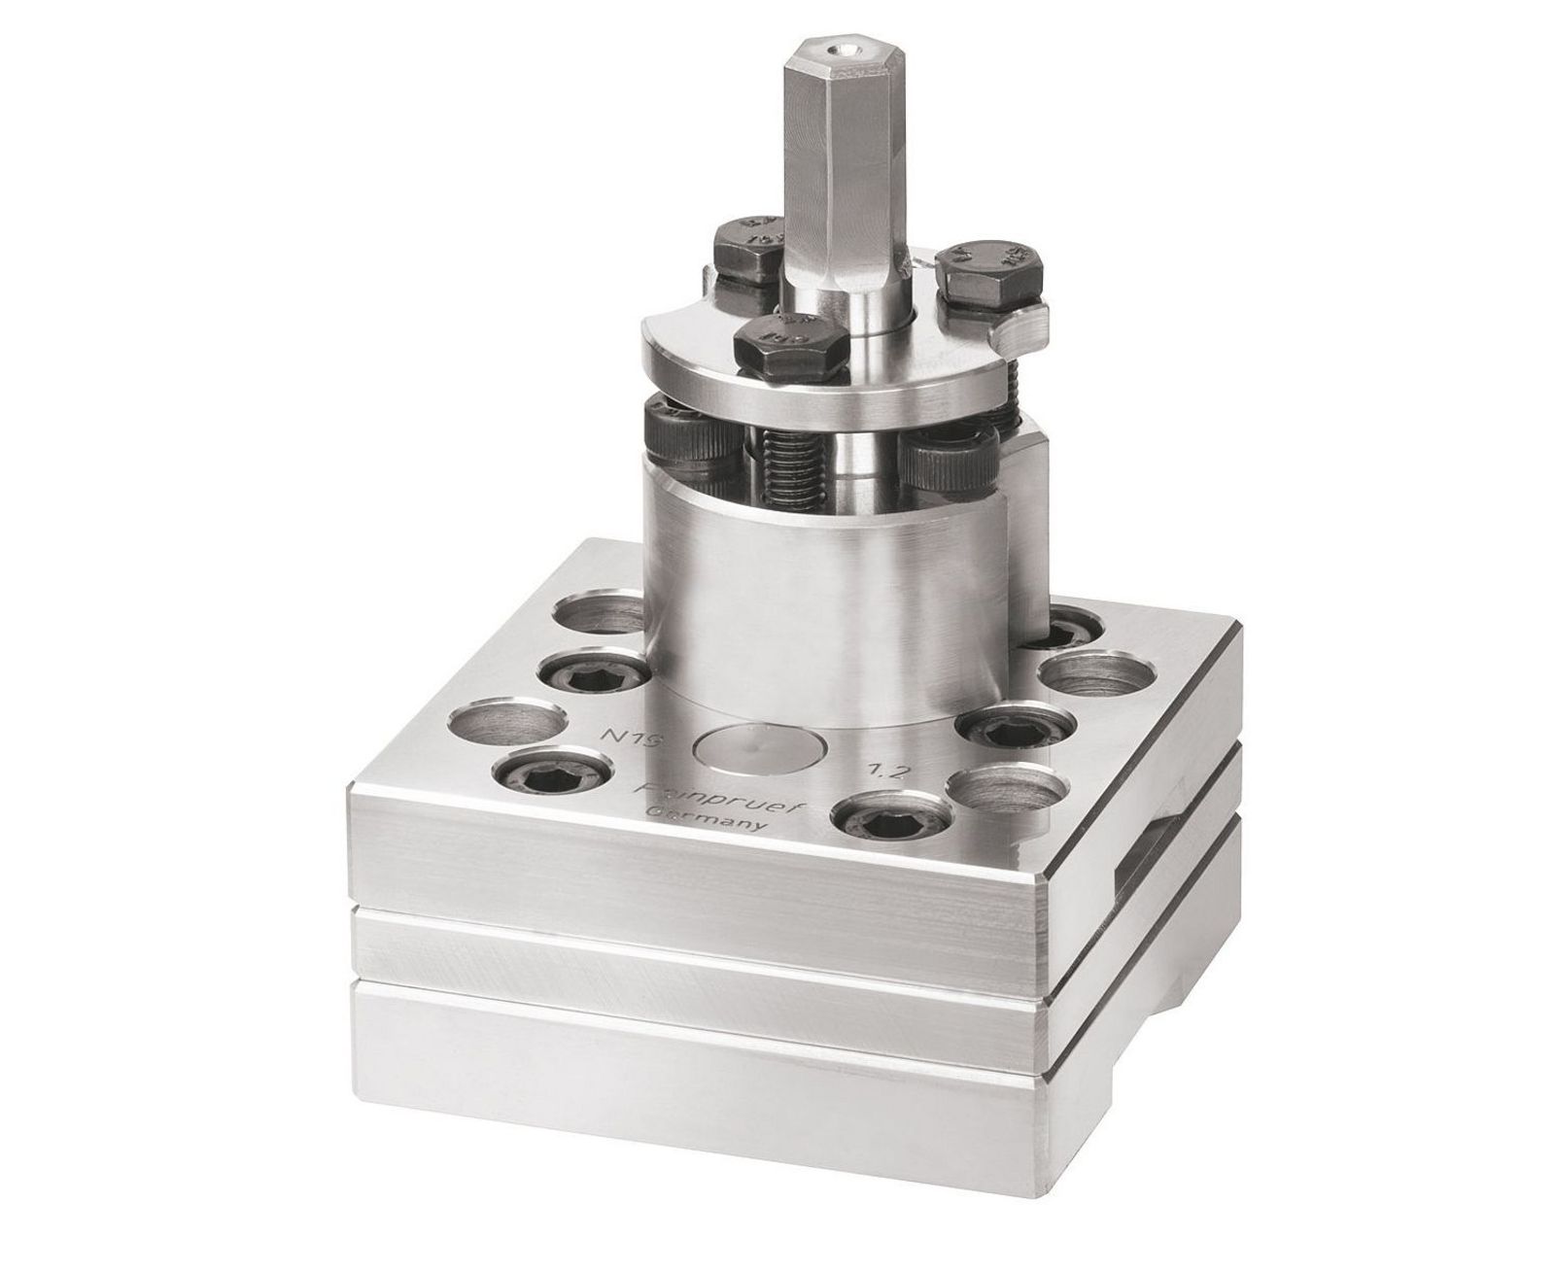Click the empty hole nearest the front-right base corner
[1002, 785]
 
